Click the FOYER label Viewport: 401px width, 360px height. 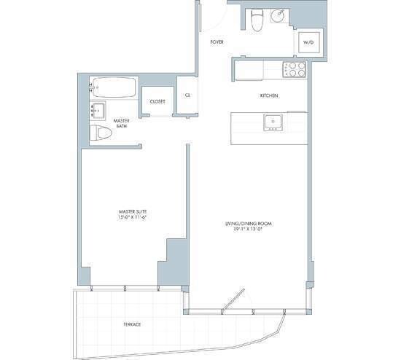point(217,42)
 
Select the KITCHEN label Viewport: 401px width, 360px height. point(270,96)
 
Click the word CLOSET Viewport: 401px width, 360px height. point(157,101)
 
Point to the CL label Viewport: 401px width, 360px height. point(187,95)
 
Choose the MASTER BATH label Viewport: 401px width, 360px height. point(121,123)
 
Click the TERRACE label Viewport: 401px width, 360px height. point(131,324)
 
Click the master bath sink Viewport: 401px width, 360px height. point(98,112)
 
